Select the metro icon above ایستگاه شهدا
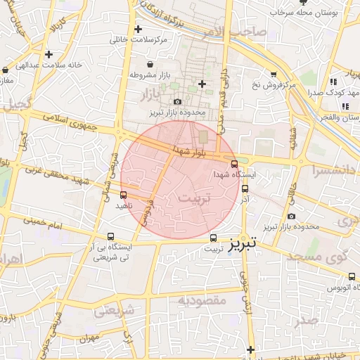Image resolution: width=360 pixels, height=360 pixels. tap(234, 163)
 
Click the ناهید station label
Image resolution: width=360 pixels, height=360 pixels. tap(124, 206)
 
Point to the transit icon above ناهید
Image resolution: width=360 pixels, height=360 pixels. tap(124, 194)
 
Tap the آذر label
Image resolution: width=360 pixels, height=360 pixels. tap(245, 200)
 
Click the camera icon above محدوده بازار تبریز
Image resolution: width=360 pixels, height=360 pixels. tap(176, 101)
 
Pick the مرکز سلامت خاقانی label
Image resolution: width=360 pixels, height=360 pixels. tap(139, 40)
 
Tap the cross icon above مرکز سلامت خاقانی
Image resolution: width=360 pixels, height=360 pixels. tap(139, 30)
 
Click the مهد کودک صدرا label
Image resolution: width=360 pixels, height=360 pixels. tap(324, 92)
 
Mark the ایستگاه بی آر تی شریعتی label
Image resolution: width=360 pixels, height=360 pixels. tap(111, 253)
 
